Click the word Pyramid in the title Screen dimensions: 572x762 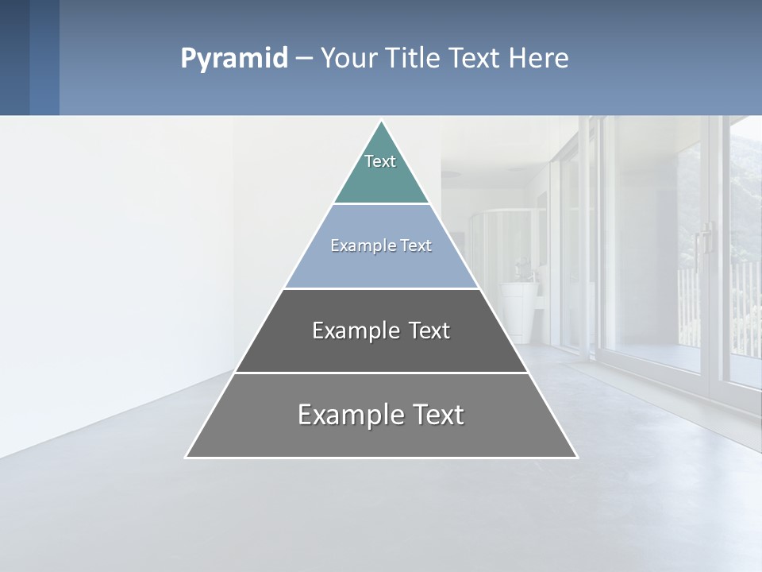click(x=233, y=59)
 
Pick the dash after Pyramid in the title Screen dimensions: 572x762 click(x=304, y=59)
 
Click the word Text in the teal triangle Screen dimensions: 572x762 click(x=380, y=161)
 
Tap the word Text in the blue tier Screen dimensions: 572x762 click(x=417, y=245)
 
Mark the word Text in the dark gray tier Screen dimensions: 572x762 click(x=429, y=330)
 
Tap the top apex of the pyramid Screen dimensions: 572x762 click(x=381, y=122)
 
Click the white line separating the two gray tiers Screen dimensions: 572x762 click(x=381, y=373)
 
